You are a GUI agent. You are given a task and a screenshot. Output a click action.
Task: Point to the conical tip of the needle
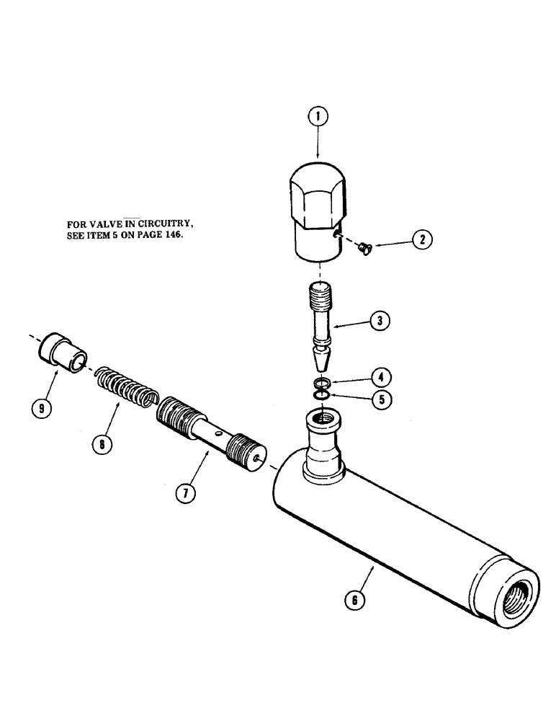pyautogui.click(x=318, y=355)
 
